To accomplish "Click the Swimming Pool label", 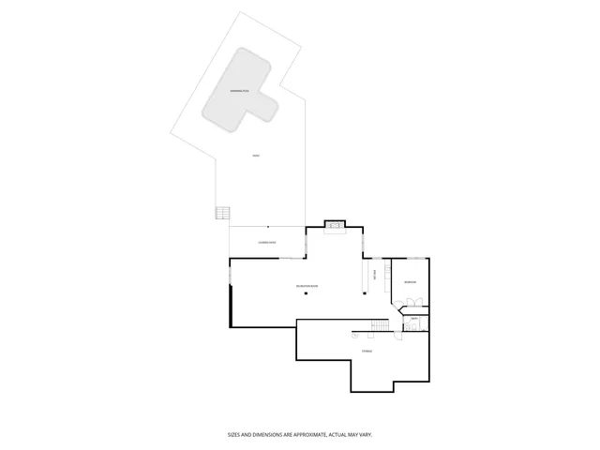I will pos(240,90).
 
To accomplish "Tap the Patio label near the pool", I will pos(256,156).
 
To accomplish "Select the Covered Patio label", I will pos(266,243).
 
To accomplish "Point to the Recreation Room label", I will pos(307,284).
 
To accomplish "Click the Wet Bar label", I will pos(375,275).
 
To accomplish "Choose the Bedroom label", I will pos(410,282).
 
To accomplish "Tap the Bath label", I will pos(413,319).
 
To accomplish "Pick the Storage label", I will pos(367,351).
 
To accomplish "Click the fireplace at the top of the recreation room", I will pos(335,225).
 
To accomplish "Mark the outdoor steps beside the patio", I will pos(222,213).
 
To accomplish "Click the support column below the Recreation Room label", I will pos(307,292).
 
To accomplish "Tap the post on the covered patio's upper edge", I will pos(268,227).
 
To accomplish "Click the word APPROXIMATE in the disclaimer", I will pos(303,434).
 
